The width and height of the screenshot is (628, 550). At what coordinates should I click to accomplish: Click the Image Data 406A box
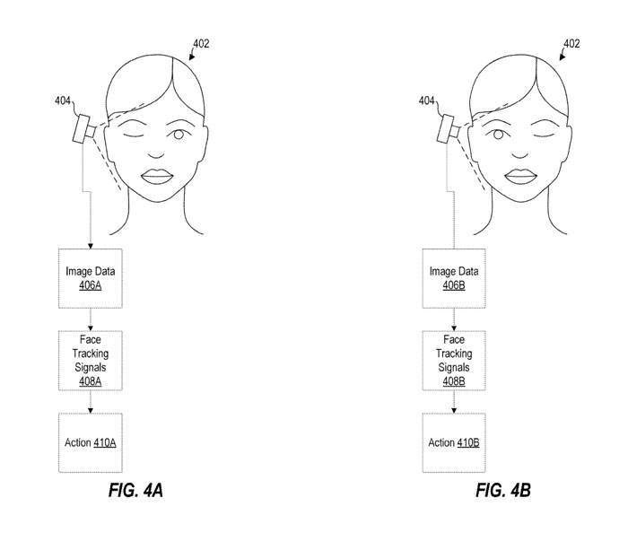pos(91,277)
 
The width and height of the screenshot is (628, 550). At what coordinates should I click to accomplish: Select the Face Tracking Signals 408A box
pos(91,360)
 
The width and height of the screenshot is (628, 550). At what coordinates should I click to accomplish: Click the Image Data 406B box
pos(452,277)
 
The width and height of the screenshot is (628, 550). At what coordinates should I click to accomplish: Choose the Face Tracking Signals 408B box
pos(452,360)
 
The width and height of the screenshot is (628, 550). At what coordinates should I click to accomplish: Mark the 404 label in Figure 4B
pos(428,101)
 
